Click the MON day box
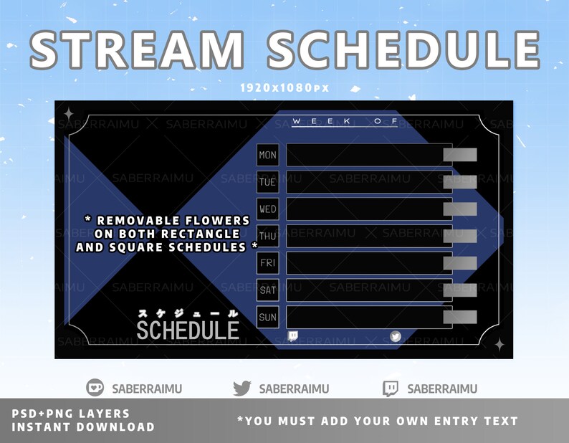267,155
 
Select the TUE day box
267,182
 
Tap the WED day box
267,209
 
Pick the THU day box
267,236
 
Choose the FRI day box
267,263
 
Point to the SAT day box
267,290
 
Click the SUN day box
267,317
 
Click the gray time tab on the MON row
459,155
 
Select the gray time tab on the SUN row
459,317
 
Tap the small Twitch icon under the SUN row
292,336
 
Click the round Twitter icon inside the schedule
396,336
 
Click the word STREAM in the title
136,50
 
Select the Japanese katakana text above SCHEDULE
187,313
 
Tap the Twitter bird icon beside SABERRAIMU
242,389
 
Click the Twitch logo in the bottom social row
391,389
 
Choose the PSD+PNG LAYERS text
71,414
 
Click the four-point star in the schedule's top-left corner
69,113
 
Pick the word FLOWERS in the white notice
218,221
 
